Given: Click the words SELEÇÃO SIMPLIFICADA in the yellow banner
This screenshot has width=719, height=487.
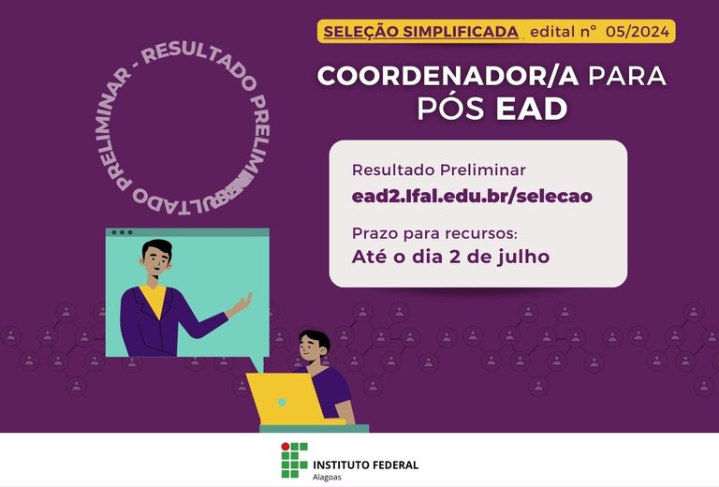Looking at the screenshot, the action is [x=420, y=32].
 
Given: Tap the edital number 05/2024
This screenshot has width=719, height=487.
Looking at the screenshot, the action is [x=638, y=32].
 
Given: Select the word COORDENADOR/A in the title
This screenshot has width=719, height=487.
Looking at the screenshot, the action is [x=448, y=76].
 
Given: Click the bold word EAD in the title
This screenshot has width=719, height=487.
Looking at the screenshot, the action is [x=532, y=109].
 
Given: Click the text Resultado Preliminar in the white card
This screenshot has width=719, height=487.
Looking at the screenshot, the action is [x=439, y=170].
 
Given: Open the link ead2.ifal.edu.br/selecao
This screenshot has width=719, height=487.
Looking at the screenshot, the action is [x=472, y=197].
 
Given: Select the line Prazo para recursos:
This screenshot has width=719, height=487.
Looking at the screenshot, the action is [x=434, y=234].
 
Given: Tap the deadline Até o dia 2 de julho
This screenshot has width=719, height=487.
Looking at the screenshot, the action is [x=450, y=257].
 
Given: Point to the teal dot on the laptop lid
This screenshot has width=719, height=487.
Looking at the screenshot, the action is [x=282, y=402].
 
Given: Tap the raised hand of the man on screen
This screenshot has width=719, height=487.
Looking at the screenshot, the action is [x=241, y=304].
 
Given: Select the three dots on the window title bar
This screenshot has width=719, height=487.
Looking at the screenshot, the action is [x=122, y=232].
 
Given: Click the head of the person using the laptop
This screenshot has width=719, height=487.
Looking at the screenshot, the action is [x=314, y=347].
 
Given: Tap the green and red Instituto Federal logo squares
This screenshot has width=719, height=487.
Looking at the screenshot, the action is [x=294, y=461].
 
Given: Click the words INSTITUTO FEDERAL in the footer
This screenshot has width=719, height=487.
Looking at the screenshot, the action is [x=365, y=465].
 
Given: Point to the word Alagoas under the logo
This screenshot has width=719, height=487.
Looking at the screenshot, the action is [x=327, y=478].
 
